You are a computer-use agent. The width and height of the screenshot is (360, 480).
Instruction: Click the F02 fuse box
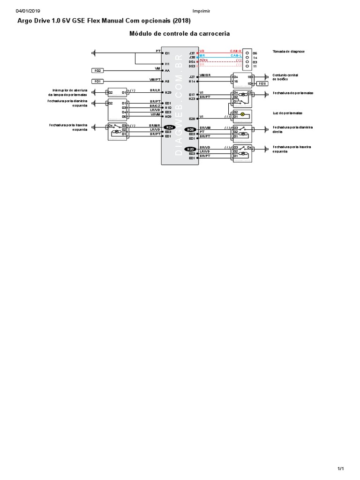(x=98, y=70)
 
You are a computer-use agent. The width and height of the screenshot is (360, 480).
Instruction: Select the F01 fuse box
(x=98, y=81)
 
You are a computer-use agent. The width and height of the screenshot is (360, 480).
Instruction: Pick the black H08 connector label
(x=190, y=129)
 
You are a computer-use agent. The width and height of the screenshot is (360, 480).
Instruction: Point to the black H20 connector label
(x=190, y=149)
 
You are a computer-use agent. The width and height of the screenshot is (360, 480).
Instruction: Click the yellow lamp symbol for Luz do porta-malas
(x=242, y=114)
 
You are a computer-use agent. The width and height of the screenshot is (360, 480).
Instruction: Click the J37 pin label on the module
(x=192, y=53)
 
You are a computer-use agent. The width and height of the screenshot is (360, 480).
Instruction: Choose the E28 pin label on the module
(x=192, y=119)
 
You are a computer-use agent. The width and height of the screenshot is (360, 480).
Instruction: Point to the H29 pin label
(x=168, y=92)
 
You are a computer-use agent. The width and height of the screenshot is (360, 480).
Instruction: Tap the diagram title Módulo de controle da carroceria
(x=180, y=34)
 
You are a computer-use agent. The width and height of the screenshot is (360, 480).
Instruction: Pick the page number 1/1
(x=341, y=469)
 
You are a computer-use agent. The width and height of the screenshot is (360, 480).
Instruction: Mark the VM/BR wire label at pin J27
(x=205, y=75)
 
